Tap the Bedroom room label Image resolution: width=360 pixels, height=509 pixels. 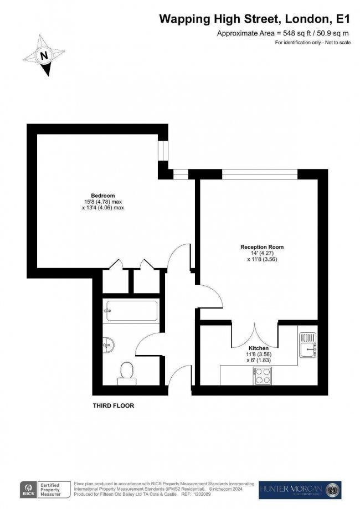click(102, 196)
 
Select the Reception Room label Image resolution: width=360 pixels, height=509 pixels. click(258, 246)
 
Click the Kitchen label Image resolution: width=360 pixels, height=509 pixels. click(258, 348)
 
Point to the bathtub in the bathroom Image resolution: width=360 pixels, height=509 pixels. click(131, 311)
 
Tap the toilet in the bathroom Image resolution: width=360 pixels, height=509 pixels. click(126, 372)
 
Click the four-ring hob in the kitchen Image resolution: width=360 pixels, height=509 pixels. click(262, 377)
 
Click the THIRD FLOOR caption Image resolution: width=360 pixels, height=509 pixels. click(113, 406)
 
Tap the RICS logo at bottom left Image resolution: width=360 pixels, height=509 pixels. click(28, 490)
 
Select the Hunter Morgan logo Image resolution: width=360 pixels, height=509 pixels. click(300, 490)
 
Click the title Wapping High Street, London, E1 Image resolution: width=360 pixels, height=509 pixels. click(255, 19)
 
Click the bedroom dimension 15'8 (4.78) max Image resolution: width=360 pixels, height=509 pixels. click(102, 202)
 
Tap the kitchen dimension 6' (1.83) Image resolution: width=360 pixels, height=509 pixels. click(258, 360)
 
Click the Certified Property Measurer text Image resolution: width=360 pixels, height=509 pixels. click(53, 490)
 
